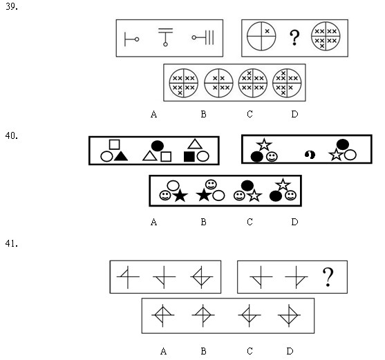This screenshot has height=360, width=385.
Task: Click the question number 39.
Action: pos(12,7)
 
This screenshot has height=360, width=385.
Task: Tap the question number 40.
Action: pos(12,135)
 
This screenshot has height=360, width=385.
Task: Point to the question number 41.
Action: pos(12,244)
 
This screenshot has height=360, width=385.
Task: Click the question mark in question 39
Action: pos(294,37)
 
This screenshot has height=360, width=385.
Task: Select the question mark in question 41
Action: pos(328,277)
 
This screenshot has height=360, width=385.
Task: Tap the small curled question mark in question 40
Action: pos(310,155)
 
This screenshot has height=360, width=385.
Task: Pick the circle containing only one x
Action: pos(261,37)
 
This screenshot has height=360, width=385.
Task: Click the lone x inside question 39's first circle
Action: pos(267,31)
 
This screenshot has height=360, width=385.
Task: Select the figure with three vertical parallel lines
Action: pos(203,37)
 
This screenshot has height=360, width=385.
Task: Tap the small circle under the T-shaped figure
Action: pos(165,44)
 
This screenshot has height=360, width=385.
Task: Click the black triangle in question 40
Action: pos(121,156)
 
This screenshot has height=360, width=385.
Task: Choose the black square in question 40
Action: pos(189,157)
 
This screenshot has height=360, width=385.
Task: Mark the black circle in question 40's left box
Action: pos(158,146)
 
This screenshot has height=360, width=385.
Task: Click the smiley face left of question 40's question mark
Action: pos(272,157)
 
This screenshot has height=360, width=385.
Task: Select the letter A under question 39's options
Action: pos(153,114)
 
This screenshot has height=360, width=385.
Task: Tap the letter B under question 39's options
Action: pos(203,114)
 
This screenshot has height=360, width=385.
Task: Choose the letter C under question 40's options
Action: pos(250,222)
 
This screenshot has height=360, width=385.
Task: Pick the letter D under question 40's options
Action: pos(294,222)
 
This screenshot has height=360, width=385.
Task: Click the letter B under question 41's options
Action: pos(203,351)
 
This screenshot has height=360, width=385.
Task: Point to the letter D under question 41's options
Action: pos(290,351)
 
